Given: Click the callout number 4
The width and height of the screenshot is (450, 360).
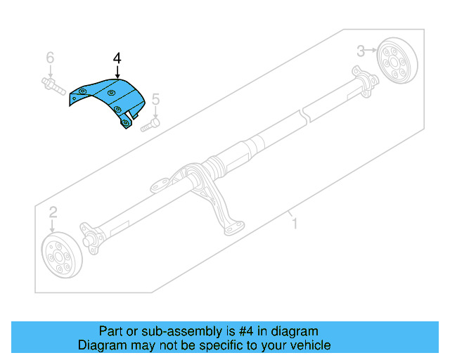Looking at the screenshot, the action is pos(117,57).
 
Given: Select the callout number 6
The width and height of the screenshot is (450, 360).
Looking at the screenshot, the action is pos(50,57).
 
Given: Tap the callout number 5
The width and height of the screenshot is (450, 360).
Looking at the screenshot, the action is pos(156,99).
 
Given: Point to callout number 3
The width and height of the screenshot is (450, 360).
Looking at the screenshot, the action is pos(360,50).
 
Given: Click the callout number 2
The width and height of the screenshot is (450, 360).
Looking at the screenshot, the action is pos(53,212).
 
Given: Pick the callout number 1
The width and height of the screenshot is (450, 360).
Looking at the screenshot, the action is pos(295,224).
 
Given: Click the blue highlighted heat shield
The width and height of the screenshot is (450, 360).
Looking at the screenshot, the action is pos(109,99).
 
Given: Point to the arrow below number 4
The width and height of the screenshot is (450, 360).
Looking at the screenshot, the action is pos(117,71).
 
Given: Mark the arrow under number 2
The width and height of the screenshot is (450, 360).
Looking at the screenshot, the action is pos(53,226).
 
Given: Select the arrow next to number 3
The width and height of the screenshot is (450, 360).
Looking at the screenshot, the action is pos(371,50).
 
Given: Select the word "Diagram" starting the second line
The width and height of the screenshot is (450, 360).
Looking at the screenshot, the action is pos(101,345).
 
